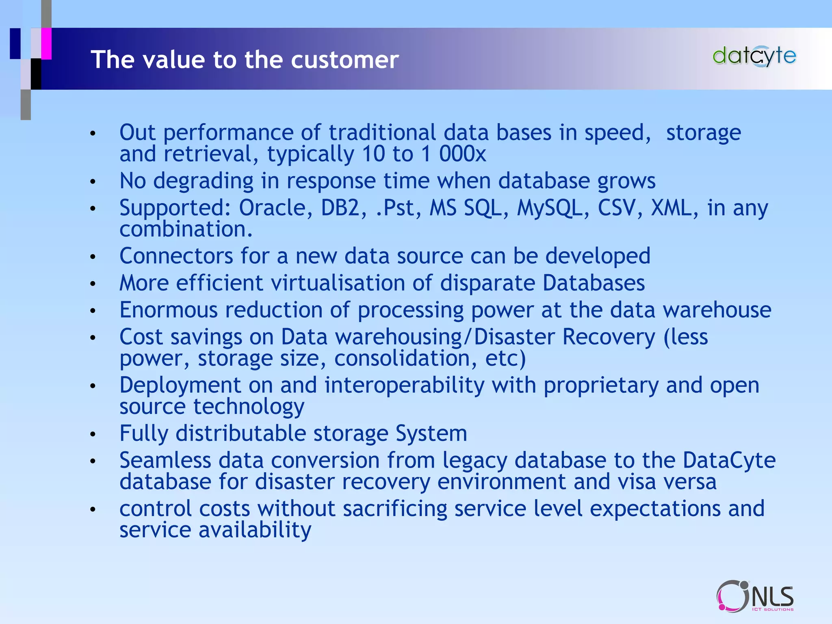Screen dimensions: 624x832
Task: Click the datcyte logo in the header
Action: point(754,56)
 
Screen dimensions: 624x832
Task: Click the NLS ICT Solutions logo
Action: point(755,596)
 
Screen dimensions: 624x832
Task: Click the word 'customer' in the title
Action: point(345,60)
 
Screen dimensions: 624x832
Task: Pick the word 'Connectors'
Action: point(176,256)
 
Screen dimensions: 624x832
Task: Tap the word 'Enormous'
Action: point(169,310)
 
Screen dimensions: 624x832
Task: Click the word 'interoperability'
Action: point(404,385)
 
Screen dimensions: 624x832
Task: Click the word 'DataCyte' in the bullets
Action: point(729,460)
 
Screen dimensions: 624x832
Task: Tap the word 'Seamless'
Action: point(165,460)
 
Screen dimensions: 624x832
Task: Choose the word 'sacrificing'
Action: point(395,509)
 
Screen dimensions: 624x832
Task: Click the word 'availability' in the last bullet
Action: point(255,530)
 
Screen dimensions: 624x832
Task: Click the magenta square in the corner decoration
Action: point(46,43)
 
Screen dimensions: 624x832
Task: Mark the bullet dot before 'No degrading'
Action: point(93,182)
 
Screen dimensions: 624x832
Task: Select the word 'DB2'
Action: point(340,208)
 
